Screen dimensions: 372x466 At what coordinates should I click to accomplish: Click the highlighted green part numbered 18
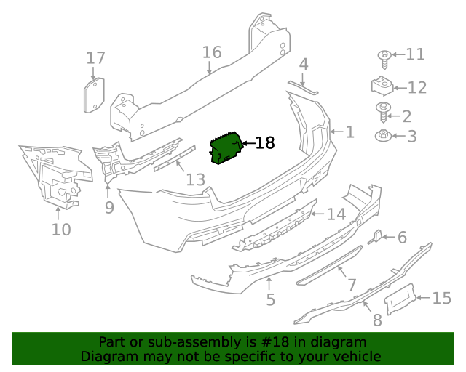point(226,148)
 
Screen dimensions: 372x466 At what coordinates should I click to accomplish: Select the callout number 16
point(211,52)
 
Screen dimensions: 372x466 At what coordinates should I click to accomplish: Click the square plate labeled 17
point(93,95)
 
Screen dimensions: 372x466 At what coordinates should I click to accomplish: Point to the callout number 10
point(61,230)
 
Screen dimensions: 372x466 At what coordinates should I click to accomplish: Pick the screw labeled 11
point(382,56)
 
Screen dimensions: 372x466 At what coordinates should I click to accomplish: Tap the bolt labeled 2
point(382,111)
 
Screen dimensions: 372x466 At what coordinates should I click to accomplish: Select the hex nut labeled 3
point(382,135)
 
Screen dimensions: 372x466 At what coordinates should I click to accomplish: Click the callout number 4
point(304,64)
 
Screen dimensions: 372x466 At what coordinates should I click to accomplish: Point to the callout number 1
point(349,132)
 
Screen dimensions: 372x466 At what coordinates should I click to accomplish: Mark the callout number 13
point(195,179)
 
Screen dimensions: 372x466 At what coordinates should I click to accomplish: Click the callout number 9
point(109,208)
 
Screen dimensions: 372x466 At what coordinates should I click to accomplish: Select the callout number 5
point(270,299)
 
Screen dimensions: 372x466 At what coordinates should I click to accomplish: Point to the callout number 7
point(351,286)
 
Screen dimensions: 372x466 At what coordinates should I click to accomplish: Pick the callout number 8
point(376,320)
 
